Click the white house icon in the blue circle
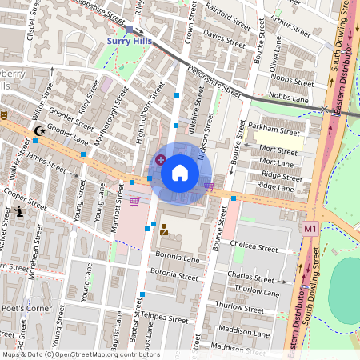tap(179, 172)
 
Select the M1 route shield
tap(310, 229)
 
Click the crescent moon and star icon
tap(38, 130)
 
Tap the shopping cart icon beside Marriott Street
tap(134, 201)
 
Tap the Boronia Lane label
tap(177, 259)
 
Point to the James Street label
tap(47, 162)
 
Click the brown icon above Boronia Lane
tap(163, 230)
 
